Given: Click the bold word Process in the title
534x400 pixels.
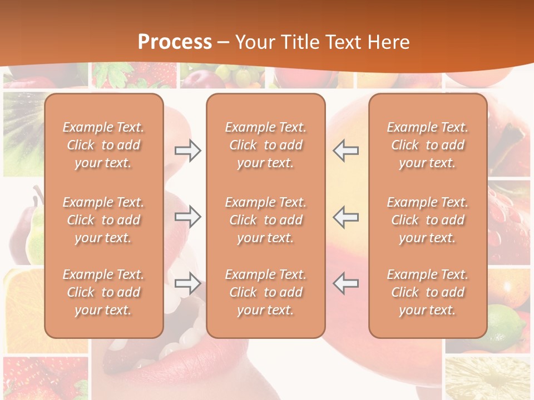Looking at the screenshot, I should (175, 42).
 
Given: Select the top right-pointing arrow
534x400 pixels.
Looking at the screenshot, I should (188, 151).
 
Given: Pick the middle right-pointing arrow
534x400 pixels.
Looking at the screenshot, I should (188, 217).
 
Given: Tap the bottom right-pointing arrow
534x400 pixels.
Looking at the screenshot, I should (188, 283).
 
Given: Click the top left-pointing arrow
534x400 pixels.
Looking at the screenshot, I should (346, 151).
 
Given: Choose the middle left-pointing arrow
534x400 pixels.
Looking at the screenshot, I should (346, 217).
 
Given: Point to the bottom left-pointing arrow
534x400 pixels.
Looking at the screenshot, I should (346, 283).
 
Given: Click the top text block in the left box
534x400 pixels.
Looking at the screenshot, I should (103, 145).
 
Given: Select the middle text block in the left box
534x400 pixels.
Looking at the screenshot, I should (103, 220).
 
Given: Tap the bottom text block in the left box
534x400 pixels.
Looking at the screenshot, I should (103, 292).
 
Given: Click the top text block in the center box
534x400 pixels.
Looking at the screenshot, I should (265, 145).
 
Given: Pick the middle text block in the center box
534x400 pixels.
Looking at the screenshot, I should (265, 220).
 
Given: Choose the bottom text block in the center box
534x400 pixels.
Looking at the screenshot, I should (265, 292).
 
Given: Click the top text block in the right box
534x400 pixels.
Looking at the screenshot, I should (428, 145).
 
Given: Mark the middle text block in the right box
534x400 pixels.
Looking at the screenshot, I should (428, 220).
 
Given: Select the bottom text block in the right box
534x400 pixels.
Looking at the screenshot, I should (428, 292).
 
